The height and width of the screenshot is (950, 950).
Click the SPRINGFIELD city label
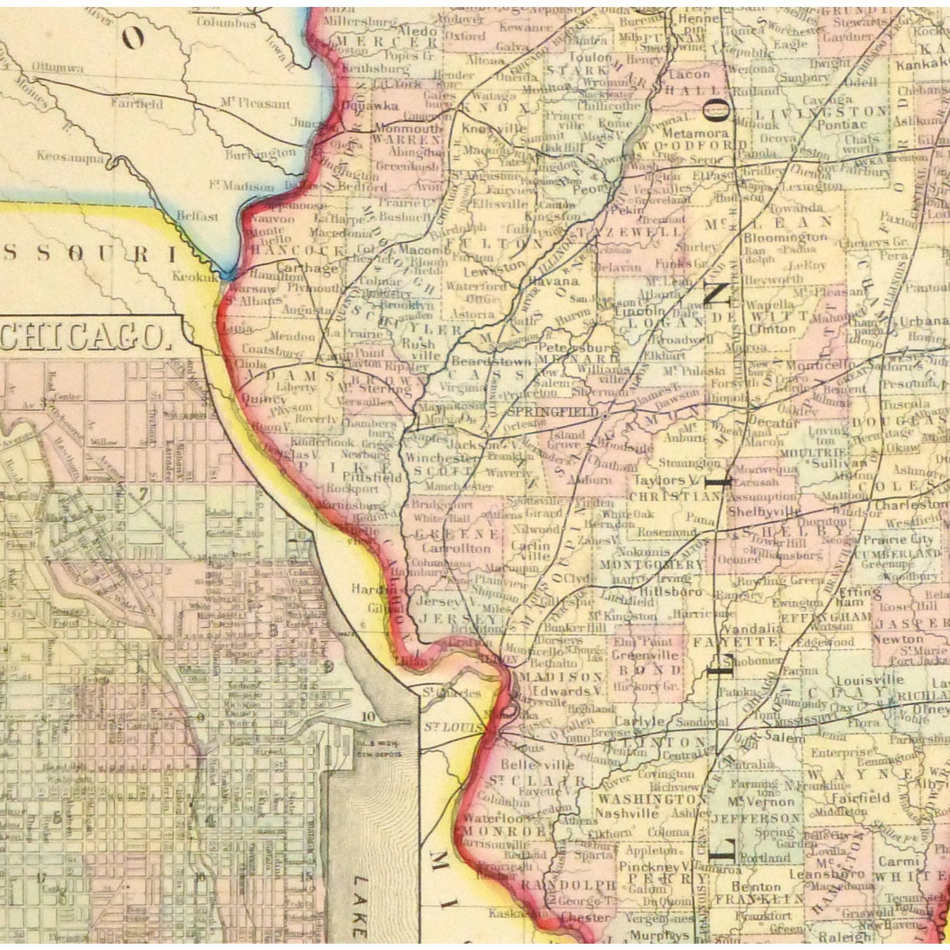(553, 412)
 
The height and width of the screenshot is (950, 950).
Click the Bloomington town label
(785, 237)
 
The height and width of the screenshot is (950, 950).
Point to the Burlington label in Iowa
(260, 153)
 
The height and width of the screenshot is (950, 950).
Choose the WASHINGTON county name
(647, 799)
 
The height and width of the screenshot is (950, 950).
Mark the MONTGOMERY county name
(651, 564)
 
